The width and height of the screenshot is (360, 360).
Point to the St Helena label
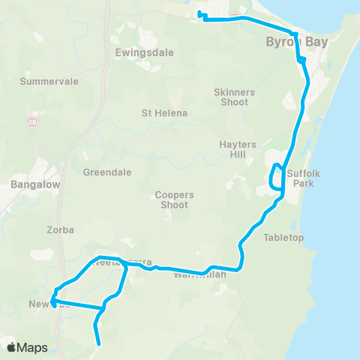click(x=164, y=113)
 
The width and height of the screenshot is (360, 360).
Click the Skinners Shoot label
click(x=235, y=97)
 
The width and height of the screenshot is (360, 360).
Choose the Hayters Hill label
click(x=238, y=148)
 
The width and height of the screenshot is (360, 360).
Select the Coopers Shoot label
click(x=175, y=199)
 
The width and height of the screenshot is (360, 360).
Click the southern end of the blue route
click(x=100, y=344)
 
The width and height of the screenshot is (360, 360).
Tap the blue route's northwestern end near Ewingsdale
click(x=199, y=13)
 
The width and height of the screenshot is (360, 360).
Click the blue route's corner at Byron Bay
click(x=296, y=34)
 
